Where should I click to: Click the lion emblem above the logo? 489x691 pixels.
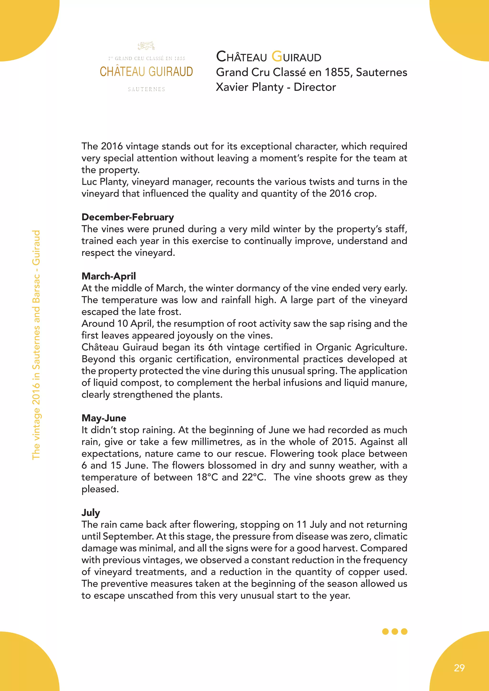click(146, 46)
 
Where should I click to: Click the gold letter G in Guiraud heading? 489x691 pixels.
click(277, 56)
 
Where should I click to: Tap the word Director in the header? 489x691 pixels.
click(315, 87)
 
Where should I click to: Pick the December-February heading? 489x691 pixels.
click(128, 217)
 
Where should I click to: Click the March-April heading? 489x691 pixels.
click(109, 276)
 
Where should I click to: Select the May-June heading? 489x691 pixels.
click(104, 418)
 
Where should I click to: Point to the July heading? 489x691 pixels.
click(91, 512)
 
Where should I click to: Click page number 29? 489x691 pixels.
click(459, 668)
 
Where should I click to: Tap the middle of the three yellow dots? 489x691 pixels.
click(395, 631)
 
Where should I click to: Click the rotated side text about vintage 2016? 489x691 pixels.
click(36, 345)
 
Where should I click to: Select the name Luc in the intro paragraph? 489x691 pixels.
click(89, 182)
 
